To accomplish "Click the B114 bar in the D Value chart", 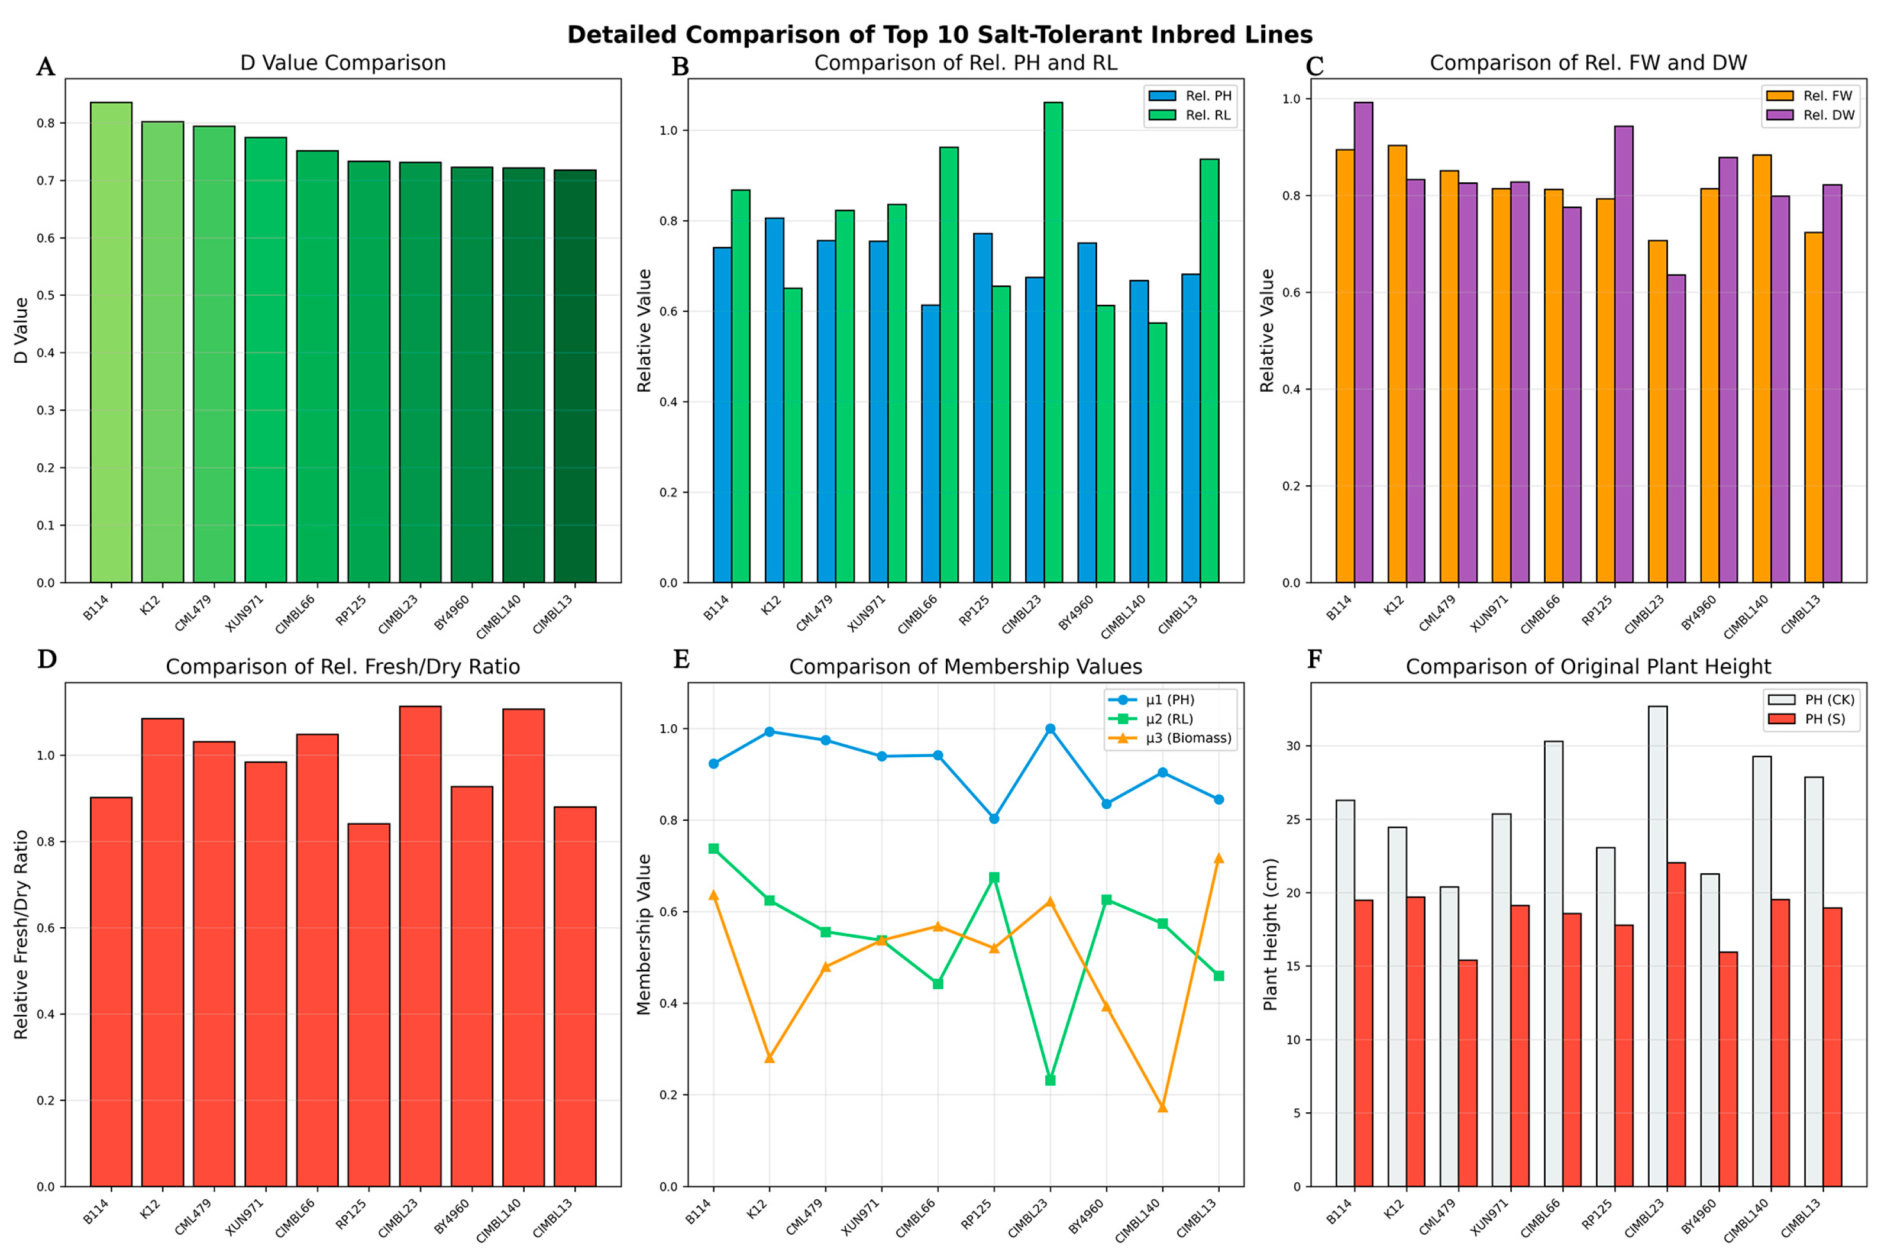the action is [111, 343].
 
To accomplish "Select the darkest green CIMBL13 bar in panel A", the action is [575, 376].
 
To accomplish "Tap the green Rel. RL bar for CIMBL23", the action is [1053, 343].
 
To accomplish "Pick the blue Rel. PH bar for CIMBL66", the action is [930, 444].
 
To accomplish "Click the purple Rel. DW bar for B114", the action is [1363, 343].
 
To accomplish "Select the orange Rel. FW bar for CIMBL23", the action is [1657, 412].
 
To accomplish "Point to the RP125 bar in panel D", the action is [369, 1005].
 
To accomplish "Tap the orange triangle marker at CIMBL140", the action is [1163, 1107].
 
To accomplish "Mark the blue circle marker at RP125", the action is [994, 819].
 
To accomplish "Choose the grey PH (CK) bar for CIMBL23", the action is [1657, 946].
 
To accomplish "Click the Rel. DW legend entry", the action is [1811, 115].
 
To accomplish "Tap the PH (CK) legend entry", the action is [1812, 700].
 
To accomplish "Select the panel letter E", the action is [681, 660].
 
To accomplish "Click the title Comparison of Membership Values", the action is [965, 667].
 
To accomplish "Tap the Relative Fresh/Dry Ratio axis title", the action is [21, 934].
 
